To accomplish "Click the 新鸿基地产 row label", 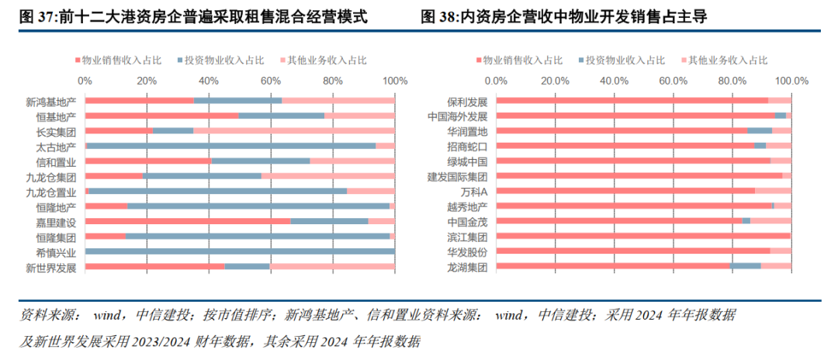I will coord(51,101).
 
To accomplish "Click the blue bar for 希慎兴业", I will coord(240,251).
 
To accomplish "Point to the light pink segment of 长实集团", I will coord(294,131).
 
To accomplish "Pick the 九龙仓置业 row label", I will coord(51,192).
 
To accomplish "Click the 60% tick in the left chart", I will coord(271,81).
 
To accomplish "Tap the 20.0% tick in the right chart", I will coord(555,81).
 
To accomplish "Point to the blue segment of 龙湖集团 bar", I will coord(746,267).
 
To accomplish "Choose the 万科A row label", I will coord(473,192).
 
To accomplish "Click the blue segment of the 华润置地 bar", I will coord(760,131).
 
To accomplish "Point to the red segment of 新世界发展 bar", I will coord(154,267).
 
